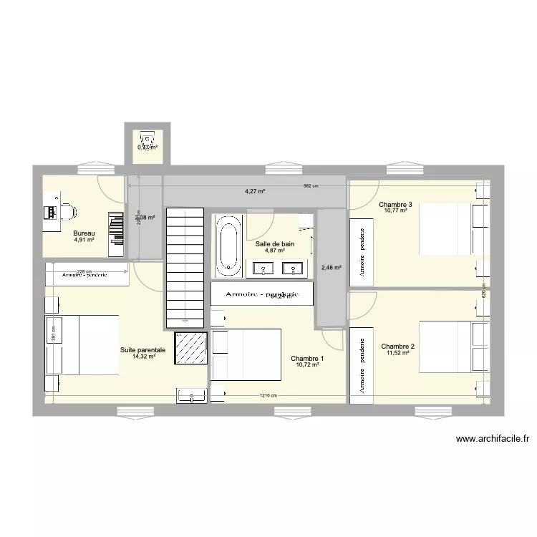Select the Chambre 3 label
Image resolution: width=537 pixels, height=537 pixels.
(395, 205)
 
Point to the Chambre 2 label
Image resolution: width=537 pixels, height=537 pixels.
(398, 346)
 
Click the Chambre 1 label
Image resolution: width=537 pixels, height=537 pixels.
(307, 359)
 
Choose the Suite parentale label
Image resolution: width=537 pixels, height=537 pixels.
(143, 350)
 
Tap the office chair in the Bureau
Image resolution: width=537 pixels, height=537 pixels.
(67, 212)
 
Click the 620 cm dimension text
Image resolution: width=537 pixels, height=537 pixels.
(484, 294)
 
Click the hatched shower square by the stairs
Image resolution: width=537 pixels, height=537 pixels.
(190, 349)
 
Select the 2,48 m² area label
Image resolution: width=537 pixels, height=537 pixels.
(332, 268)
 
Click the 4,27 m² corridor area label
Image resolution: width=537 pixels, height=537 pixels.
(255, 191)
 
